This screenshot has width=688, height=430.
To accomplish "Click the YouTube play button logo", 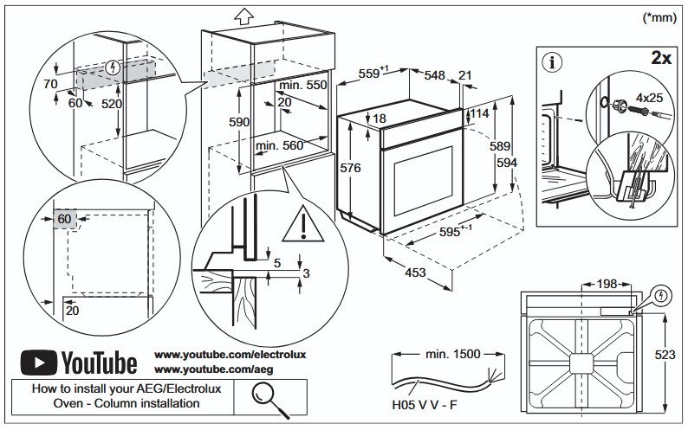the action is [x=39, y=363].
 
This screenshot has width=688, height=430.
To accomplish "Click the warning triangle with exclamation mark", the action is [x=302, y=224].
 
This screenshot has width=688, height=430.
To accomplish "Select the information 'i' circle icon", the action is [x=552, y=62].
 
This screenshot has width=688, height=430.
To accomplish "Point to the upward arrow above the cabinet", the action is [x=243, y=16].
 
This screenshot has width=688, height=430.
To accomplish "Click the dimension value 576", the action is [x=350, y=168].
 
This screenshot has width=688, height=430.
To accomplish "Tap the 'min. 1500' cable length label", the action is [x=453, y=354].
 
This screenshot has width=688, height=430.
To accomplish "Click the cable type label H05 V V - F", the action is [x=424, y=405].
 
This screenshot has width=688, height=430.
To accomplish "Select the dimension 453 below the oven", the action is [x=415, y=273].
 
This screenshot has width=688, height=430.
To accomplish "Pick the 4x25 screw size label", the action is [x=650, y=97].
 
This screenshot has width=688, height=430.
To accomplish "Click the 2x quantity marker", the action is [x=661, y=57].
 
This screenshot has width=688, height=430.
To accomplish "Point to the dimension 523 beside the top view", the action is [x=665, y=354].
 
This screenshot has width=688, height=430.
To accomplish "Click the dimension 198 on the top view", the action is [x=607, y=284].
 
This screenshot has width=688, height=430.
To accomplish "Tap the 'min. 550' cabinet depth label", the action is [x=303, y=85].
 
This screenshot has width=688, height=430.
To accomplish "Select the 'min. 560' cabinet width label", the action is [x=280, y=145].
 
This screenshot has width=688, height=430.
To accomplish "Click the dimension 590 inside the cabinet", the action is [x=239, y=122].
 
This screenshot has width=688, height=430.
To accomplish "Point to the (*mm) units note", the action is [x=659, y=17].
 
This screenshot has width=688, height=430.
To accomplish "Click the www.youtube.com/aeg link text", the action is [x=214, y=369].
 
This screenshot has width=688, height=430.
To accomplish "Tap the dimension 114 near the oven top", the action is [x=479, y=113].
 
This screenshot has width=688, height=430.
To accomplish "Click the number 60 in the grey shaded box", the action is [x=64, y=219].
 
